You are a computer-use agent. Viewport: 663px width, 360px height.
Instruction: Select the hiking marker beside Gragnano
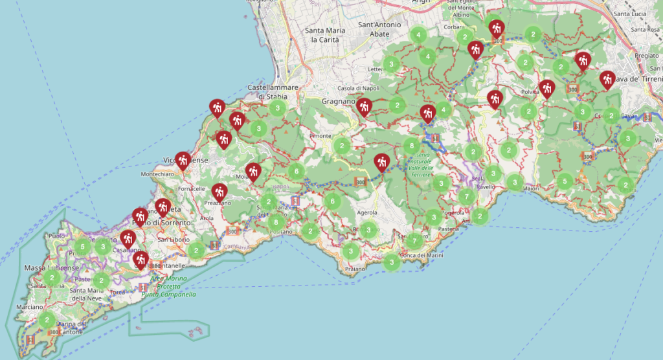pyautogui.click(x=365, y=106)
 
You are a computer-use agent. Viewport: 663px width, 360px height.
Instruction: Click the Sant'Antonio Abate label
pyautogui.click(x=379, y=29)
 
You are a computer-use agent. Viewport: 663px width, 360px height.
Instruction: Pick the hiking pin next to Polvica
pyautogui.click(x=547, y=87)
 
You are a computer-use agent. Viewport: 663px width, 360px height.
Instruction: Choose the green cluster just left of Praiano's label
pyautogui.click(x=350, y=251)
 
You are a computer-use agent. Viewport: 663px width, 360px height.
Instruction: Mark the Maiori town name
pyautogui.click(x=531, y=189)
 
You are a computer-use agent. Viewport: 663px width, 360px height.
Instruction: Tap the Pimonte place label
pyautogui.click(x=339, y=136)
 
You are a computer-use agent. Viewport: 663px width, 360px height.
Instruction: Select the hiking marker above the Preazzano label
pyautogui.click(x=219, y=191)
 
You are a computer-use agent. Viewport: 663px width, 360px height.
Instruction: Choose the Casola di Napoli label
pyautogui.click(x=357, y=88)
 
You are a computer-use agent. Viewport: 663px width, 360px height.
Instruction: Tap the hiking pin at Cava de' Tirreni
pyautogui.click(x=607, y=79)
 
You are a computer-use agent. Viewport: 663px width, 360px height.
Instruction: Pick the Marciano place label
pyautogui.click(x=30, y=307)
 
